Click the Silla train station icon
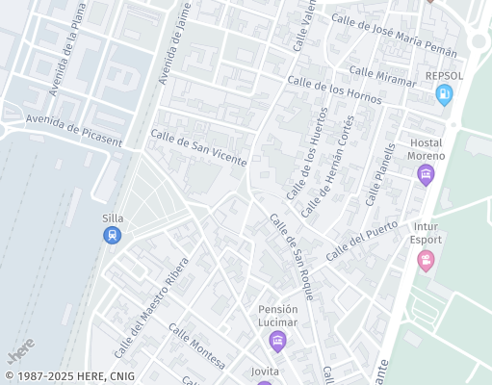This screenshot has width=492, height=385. coord(113,235)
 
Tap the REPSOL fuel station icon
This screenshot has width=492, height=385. coord(443,94)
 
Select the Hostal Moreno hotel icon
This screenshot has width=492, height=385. coord(426,174)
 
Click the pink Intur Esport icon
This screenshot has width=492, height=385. coord(426,260)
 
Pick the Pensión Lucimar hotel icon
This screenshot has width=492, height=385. coord(277,340)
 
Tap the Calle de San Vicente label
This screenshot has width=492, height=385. coord(198,148)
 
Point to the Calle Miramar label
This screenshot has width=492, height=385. coord(381,76)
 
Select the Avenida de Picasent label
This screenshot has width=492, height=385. coord(74,130)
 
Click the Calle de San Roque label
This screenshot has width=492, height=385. coord(291,257)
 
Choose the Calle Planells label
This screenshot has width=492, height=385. coord(381,175)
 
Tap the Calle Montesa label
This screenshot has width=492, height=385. coord(196,346)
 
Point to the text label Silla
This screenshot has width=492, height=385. coord(113,218)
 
